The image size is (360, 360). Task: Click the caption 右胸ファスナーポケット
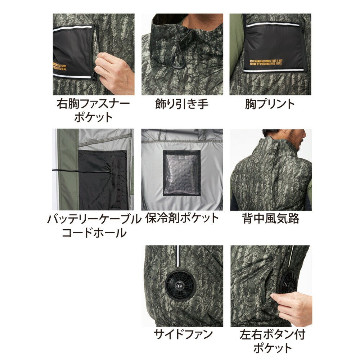click(x=93, y=111)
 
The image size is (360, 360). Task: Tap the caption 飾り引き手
click(x=182, y=104)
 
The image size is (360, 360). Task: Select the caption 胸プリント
click(x=269, y=104)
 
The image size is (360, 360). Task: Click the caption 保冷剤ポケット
click(x=182, y=219)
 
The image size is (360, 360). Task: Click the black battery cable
click(x=72, y=170)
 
